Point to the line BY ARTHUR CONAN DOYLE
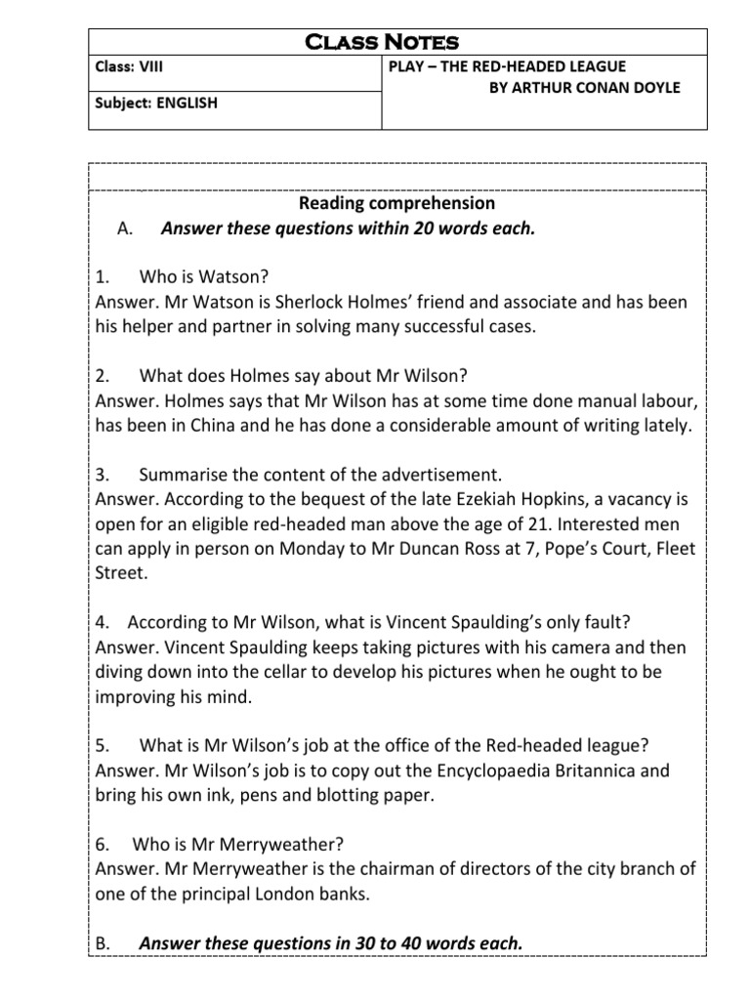coord(584,87)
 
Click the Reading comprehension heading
coord(396,203)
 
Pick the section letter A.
coord(123,229)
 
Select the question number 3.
coord(101,475)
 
